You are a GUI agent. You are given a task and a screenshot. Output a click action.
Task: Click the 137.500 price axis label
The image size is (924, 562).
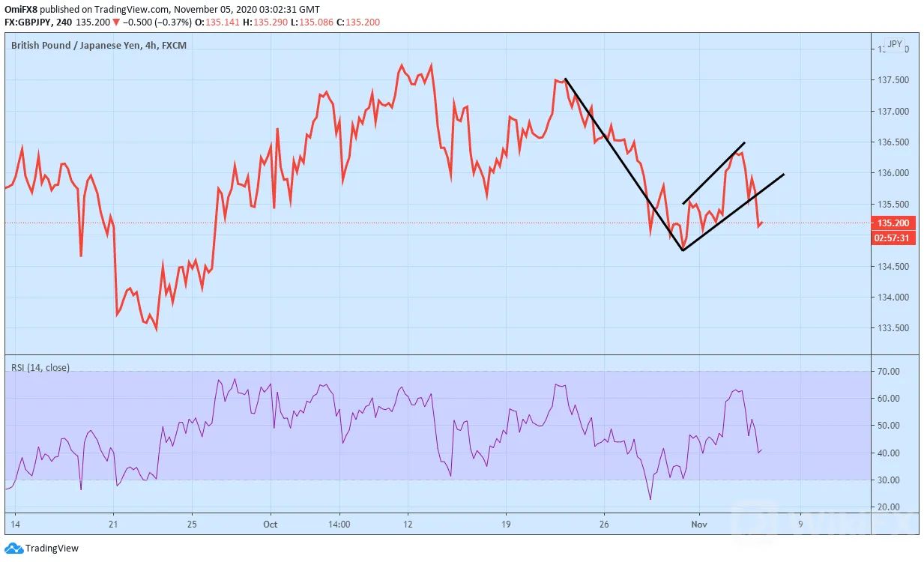893,80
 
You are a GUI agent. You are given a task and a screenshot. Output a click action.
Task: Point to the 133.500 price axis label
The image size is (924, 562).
893,328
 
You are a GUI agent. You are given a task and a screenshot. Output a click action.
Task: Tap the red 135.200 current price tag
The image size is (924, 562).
893,223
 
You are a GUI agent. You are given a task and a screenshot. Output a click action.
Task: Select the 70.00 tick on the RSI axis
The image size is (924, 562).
889,372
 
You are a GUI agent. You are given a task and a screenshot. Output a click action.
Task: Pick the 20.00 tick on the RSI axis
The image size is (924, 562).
889,507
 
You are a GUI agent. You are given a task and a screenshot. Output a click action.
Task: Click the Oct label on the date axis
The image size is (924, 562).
271,525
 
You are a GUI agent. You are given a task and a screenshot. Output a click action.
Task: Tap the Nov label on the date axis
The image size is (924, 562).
699,525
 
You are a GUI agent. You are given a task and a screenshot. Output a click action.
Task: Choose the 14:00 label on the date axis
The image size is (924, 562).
339,525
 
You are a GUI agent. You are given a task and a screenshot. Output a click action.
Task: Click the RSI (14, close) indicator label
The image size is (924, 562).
40,367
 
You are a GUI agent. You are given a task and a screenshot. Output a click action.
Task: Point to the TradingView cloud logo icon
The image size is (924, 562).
13,549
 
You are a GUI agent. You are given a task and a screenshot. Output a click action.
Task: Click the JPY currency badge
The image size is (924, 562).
895,44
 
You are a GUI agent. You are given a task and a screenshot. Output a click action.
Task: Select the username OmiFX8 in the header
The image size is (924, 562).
21,9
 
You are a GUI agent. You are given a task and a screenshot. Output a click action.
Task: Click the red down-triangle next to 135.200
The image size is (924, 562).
116,22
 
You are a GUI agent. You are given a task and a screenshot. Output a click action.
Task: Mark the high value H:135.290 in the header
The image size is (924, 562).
265,22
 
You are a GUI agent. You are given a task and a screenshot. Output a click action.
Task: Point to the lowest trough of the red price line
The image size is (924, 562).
157,330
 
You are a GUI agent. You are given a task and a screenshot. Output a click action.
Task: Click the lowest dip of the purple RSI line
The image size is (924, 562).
650,499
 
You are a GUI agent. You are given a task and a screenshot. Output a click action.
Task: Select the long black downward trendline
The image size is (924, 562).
624,164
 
